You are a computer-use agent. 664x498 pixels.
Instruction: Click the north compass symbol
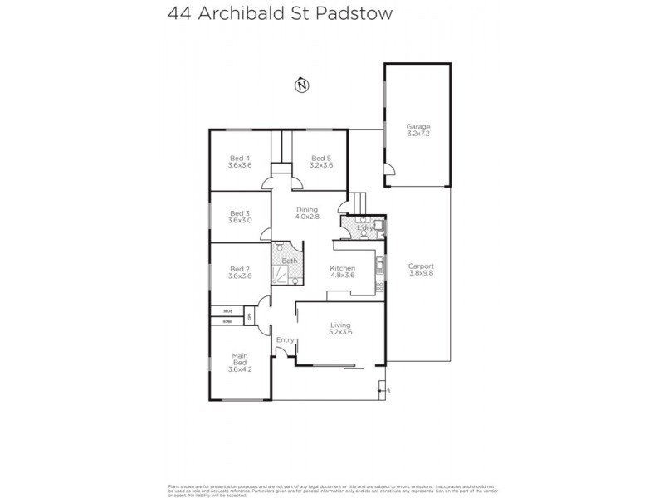[x=301, y=84]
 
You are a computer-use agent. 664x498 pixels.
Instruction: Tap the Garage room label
[x=418, y=129]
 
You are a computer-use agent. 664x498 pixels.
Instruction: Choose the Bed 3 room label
[x=239, y=217]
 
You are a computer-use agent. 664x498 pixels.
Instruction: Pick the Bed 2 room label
[x=239, y=271]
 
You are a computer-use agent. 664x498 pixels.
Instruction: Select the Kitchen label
[x=343, y=271]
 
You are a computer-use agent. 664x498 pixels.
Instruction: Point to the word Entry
[x=285, y=339]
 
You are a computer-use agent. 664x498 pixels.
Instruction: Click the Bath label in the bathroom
[x=289, y=261]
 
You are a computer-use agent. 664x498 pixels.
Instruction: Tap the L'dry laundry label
[x=363, y=227]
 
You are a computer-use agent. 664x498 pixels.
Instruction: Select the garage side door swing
[x=390, y=176]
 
